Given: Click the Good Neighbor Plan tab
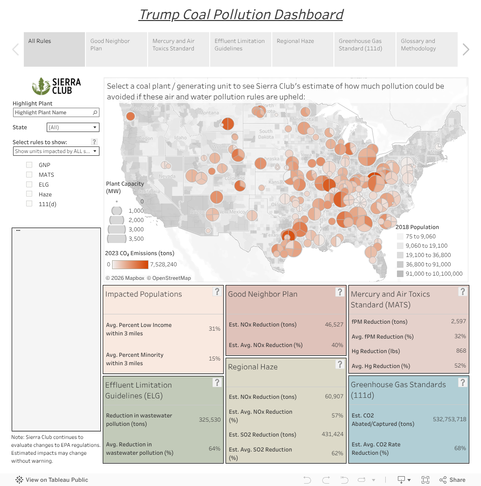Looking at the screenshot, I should click(116, 49).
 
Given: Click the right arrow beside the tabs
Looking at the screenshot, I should click(466, 49).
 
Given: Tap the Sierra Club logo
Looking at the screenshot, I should click(57, 86).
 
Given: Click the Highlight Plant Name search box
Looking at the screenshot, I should click(53, 112).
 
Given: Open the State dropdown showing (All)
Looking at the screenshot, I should click(73, 127).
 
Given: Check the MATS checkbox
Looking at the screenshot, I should click(29, 175).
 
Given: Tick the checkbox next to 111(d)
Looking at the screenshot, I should click(29, 204).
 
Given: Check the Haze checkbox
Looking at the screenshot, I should click(29, 194).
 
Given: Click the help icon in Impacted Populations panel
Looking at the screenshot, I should click(217, 292).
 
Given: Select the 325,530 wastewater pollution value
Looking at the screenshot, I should click(210, 420).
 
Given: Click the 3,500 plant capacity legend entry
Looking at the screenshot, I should click(117, 239).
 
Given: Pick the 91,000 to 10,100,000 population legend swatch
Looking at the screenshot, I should click(400, 274).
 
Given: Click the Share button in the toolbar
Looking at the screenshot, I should click(452, 480).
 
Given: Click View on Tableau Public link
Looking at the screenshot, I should click(52, 480).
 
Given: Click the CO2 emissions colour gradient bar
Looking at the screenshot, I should click(130, 264).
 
